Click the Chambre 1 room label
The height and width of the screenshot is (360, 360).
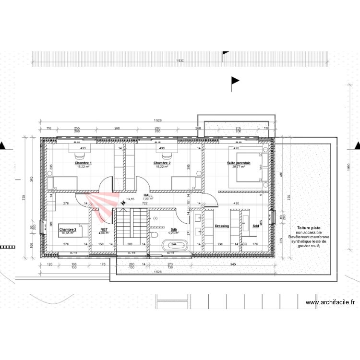coord(83,163)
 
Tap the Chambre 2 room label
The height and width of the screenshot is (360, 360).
coord(162,163)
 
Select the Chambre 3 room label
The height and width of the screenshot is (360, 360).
coord(68,229)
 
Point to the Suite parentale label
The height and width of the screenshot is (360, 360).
coord(239,163)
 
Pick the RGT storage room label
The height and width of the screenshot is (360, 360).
coord(104,229)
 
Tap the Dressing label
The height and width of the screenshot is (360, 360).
coord(222,226)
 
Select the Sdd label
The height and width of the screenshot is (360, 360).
coord(255,226)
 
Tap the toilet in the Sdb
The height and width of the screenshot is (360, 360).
coord(155,234)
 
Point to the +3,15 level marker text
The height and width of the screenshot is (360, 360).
coord(130,198)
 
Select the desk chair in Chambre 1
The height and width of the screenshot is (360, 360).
coord(78,155)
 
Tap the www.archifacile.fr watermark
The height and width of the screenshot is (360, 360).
coord(331,302)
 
